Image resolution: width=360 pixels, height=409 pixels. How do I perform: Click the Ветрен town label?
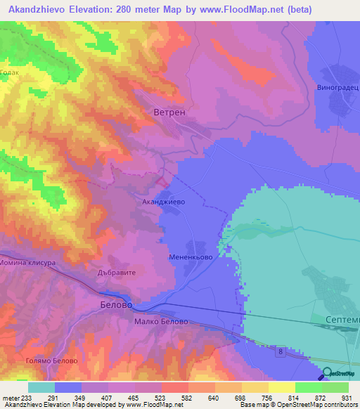click(x=169, y=112)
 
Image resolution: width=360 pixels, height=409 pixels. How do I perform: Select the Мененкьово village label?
click(x=191, y=257)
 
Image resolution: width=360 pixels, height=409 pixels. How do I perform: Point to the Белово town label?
click(x=112, y=305)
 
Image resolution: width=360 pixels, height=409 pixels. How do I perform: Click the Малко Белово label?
click(x=161, y=321)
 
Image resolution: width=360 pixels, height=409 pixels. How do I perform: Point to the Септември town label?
click(x=343, y=320)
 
